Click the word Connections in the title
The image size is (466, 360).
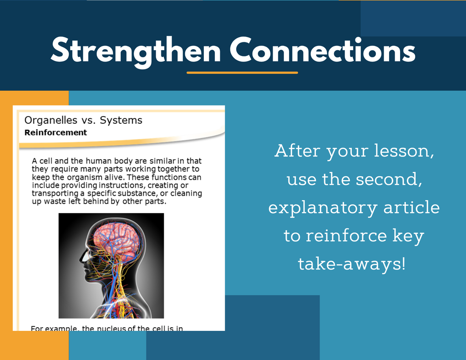323,50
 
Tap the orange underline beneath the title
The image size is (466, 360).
242,72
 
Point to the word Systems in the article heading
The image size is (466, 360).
121,121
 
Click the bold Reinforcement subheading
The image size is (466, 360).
56,132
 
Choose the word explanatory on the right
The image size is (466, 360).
323,208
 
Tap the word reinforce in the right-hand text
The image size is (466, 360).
346,235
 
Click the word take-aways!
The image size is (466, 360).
352,264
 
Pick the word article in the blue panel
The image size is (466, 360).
411,207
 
